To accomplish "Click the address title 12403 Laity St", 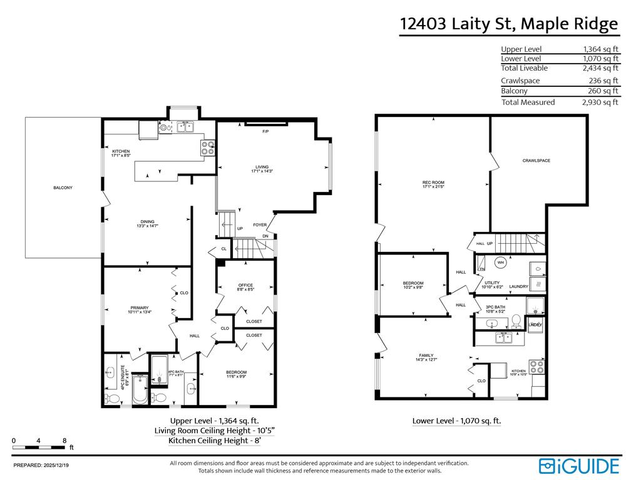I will point(508,24).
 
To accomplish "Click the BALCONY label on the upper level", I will point(63,187).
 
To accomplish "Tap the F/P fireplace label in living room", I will point(265,132).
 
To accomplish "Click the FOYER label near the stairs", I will point(260,225).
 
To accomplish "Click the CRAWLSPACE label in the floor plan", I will point(536,161).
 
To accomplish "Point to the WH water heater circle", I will point(501,262).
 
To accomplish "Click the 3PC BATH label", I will point(495,306).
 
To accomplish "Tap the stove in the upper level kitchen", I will point(208,148).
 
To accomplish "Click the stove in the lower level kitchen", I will point(536,367).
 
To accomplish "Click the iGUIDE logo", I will point(579,466).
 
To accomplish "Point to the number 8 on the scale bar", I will point(64,441).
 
